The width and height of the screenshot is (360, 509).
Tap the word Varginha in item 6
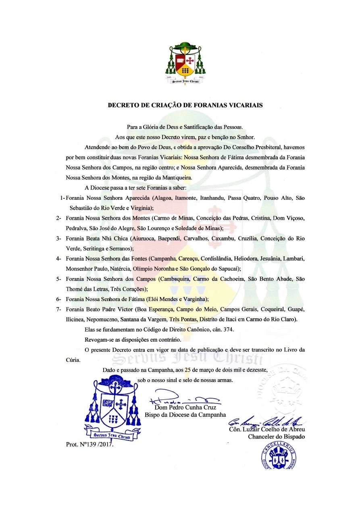[192, 299]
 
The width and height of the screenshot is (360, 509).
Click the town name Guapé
[296, 309]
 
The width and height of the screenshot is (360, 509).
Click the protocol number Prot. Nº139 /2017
[90, 445]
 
